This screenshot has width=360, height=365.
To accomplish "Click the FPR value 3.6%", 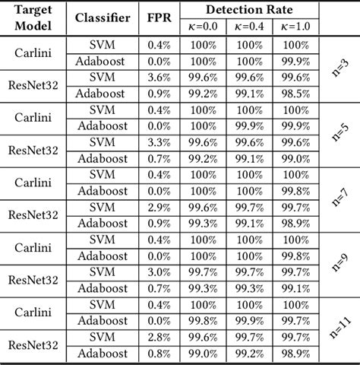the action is [158, 76].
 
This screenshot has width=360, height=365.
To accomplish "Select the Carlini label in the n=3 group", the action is [33, 52].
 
